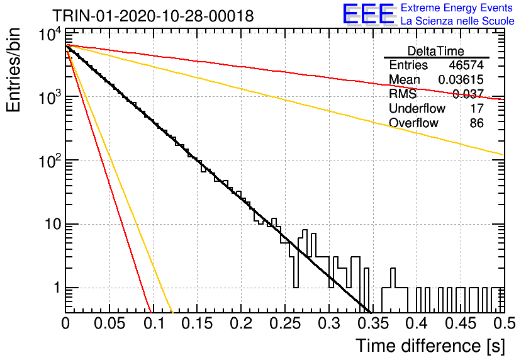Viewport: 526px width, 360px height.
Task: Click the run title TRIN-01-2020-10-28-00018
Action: click(153, 16)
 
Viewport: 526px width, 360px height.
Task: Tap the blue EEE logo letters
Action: click(368, 14)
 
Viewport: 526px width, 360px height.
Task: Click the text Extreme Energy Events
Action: click(457, 8)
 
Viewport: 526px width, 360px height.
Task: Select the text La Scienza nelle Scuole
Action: click(457, 21)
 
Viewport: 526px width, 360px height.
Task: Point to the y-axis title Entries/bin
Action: click(13, 70)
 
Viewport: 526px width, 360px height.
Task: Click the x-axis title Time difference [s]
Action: click(430, 346)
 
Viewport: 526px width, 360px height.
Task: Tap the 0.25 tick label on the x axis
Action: click(285, 323)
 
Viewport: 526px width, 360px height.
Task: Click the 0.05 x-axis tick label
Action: click(109, 323)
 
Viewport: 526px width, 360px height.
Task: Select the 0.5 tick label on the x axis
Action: click(503, 323)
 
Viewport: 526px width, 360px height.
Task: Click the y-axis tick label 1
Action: click(57, 288)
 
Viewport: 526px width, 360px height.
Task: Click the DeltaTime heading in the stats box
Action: click(436, 51)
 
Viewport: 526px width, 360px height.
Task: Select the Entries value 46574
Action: click(466, 65)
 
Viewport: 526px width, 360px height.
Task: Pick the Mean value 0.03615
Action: click(461, 79)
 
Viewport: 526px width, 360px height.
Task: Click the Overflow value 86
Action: click(477, 123)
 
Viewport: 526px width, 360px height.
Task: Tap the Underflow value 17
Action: click(477, 108)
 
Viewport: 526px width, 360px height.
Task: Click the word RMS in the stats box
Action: click(403, 94)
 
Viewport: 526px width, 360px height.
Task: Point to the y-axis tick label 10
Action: click(53, 225)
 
